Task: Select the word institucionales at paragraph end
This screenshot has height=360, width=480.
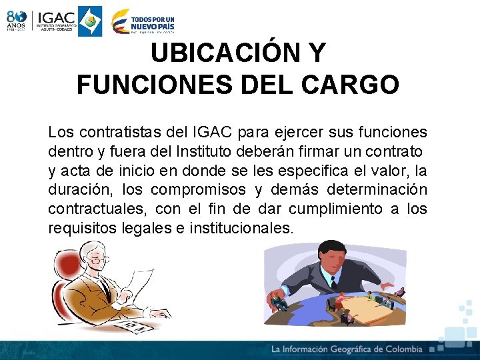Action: click(x=241, y=229)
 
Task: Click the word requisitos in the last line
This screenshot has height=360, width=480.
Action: click(x=78, y=229)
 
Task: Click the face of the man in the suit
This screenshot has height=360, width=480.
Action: click(x=329, y=256)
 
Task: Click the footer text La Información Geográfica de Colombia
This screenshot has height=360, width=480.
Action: click(x=347, y=349)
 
